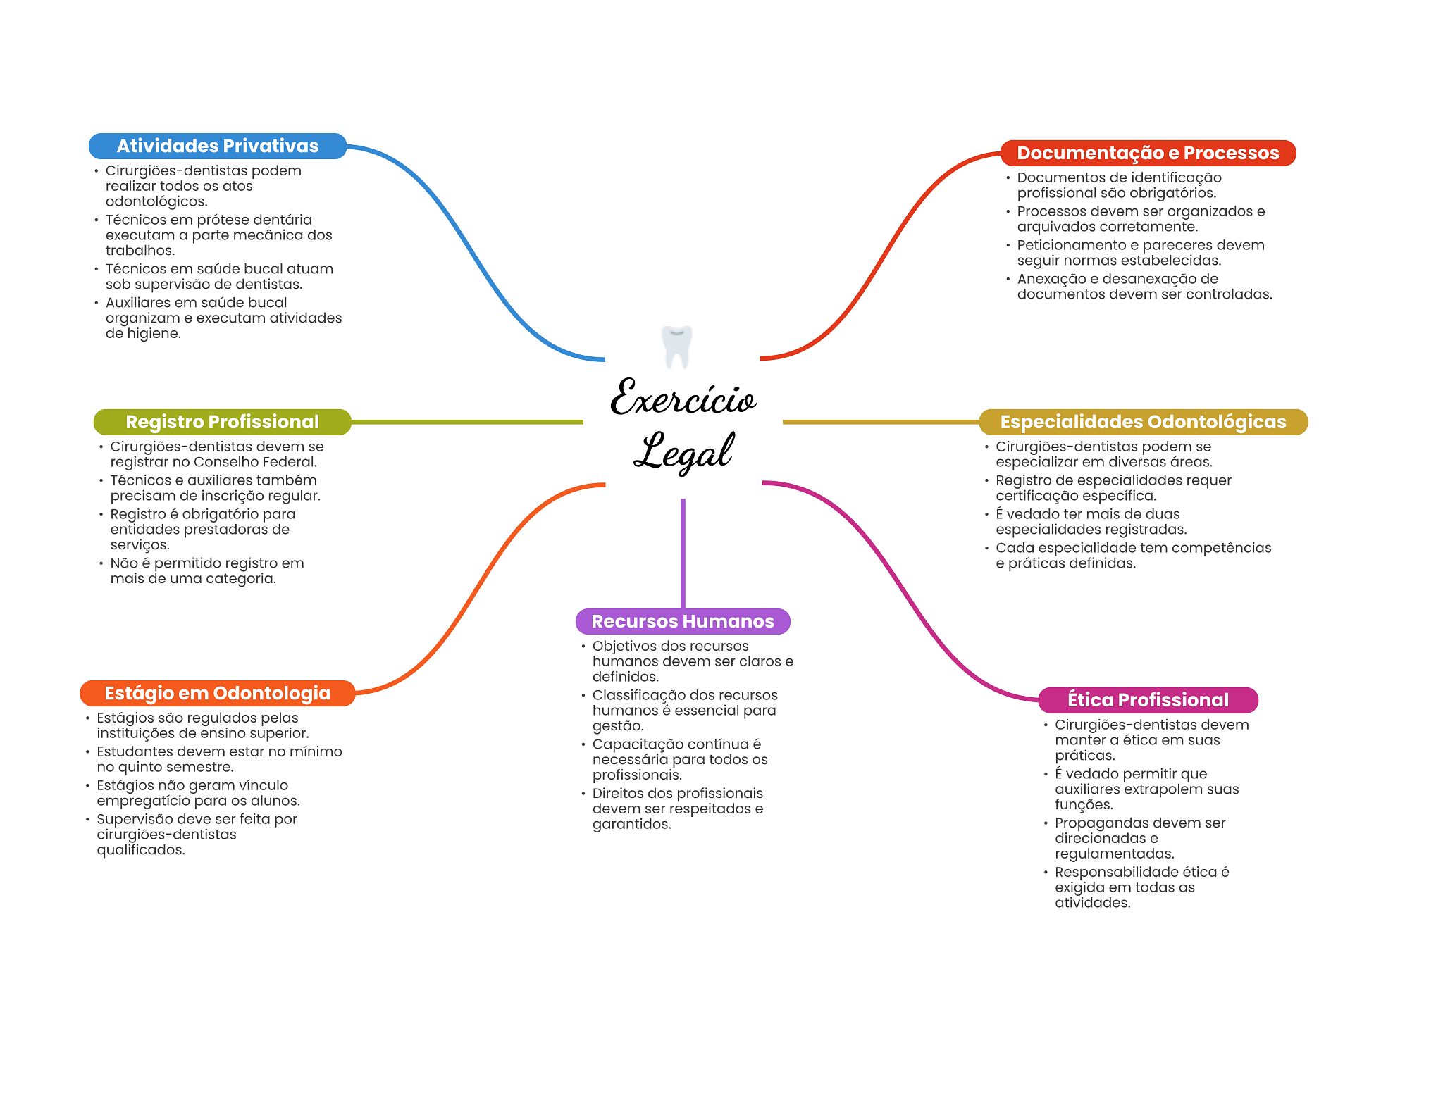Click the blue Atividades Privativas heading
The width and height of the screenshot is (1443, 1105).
coord(218,146)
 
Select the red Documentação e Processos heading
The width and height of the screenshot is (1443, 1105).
coord(1148,153)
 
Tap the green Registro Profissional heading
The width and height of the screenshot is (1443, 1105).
coord(223,422)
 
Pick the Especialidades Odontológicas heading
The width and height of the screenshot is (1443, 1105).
coord(1143,422)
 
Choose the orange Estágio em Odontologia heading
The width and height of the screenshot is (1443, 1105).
coord(218,693)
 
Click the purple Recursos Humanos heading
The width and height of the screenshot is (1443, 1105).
coord(683,621)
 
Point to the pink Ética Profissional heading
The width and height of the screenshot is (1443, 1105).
coord(1148,700)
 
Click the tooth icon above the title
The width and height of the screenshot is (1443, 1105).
coord(677,347)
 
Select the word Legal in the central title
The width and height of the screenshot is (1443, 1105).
coord(683,451)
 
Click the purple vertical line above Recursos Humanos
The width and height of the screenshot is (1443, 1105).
coord(683,554)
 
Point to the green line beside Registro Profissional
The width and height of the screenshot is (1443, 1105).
coord(467,422)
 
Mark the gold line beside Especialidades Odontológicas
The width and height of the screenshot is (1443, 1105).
coord(881,422)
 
